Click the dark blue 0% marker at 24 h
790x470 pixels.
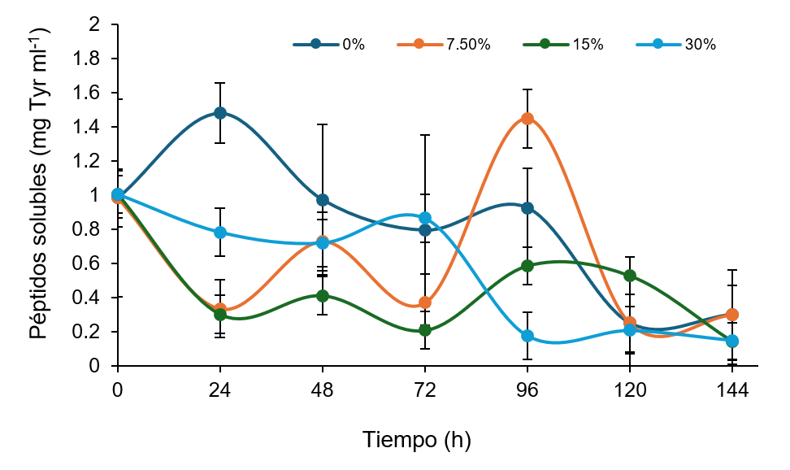[x=220, y=113]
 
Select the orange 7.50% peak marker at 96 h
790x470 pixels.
[x=527, y=119]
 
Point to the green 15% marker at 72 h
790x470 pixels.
[x=425, y=330]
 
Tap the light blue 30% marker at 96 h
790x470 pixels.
[x=527, y=336]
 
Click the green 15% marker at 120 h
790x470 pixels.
[x=630, y=276]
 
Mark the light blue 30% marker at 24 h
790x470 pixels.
[x=220, y=233]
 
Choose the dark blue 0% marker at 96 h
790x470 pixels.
[x=527, y=208]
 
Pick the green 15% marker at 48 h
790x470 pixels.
[x=323, y=296]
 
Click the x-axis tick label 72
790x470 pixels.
[x=425, y=390]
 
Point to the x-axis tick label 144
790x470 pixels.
[x=732, y=390]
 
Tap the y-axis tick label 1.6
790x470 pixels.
[x=86, y=93]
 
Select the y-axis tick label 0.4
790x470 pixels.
[x=86, y=298]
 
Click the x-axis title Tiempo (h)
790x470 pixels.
[x=416, y=440]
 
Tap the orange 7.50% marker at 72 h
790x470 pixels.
[x=425, y=302]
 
